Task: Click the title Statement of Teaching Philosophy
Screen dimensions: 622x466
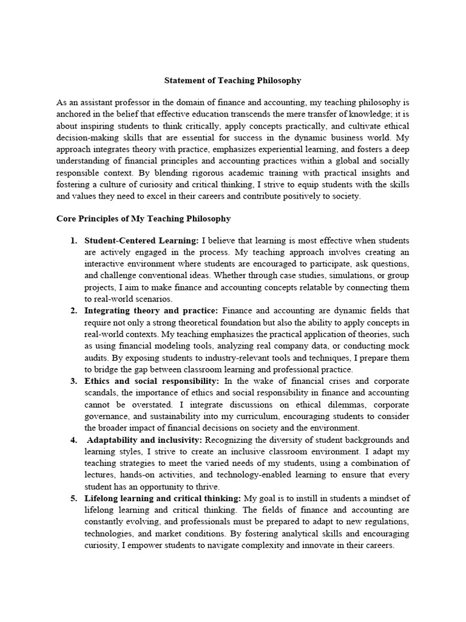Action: click(x=233, y=80)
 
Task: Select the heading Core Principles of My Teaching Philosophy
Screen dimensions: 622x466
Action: click(x=143, y=217)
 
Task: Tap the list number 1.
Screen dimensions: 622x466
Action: click(x=73, y=241)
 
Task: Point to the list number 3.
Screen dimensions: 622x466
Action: click(x=73, y=381)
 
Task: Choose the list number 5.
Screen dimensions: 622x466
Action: click(x=73, y=498)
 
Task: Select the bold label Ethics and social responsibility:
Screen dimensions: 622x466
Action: click(x=152, y=381)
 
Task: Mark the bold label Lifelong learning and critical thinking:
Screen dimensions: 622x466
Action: click(x=163, y=498)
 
